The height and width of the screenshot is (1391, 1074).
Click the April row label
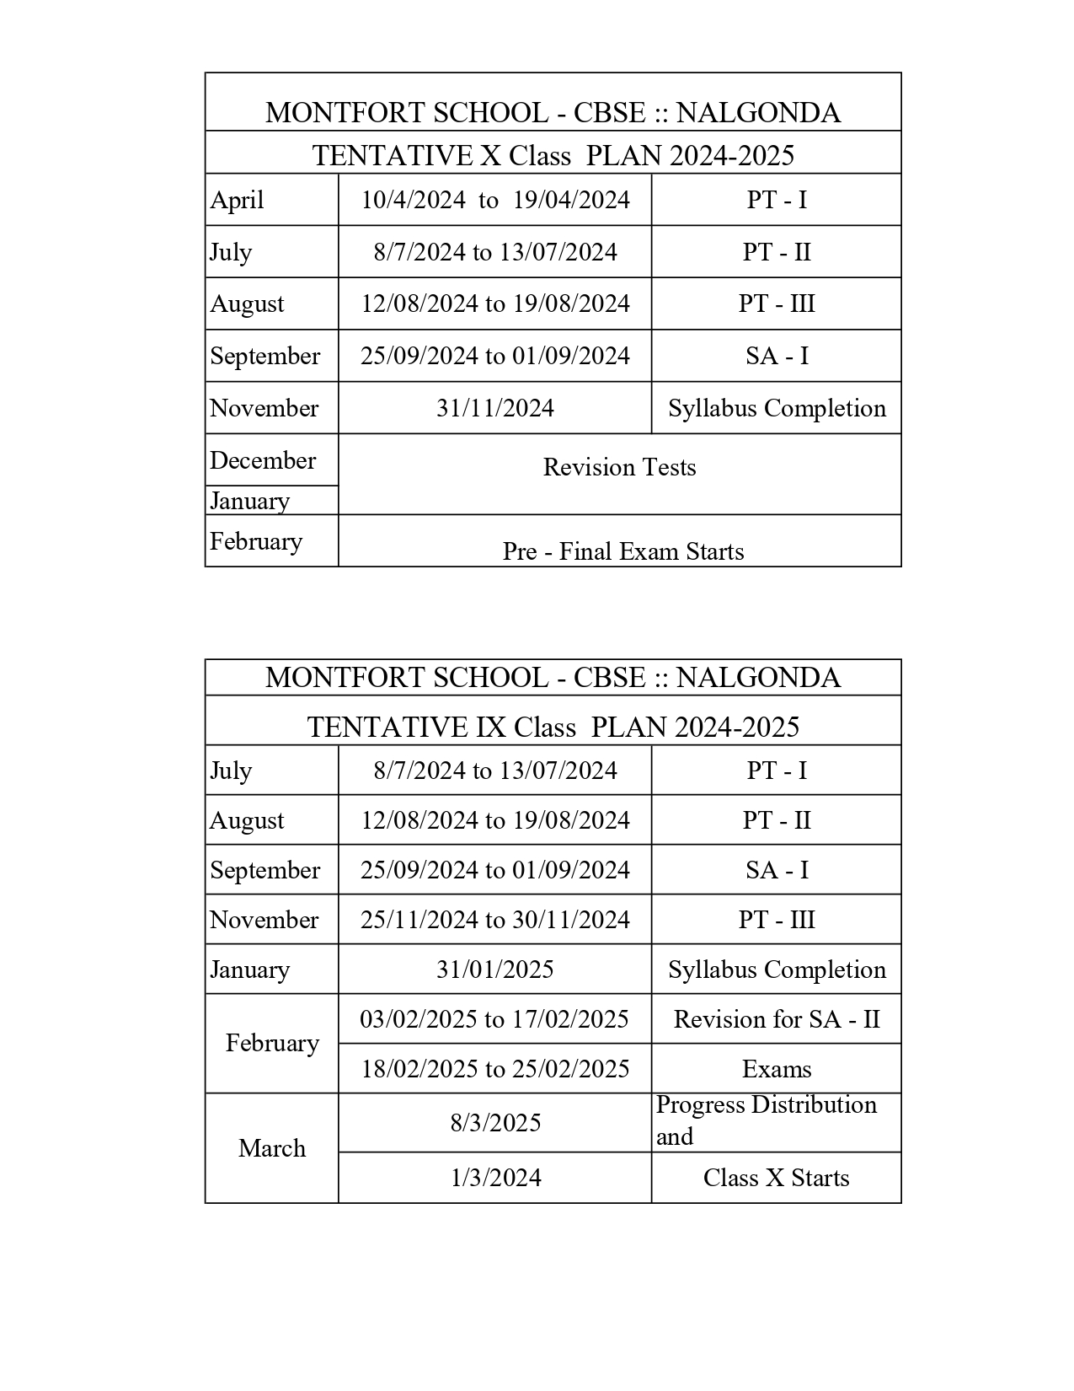point(238,201)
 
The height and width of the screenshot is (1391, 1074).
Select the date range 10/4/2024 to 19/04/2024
point(495,200)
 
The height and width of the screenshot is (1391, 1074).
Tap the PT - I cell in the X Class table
point(777,200)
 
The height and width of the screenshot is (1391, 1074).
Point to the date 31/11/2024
point(495,408)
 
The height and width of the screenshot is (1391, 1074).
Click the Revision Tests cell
point(620,467)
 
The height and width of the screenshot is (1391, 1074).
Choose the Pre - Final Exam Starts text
point(623,551)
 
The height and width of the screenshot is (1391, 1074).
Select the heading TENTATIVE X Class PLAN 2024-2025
point(553,155)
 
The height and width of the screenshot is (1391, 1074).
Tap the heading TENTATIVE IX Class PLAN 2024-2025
point(553,727)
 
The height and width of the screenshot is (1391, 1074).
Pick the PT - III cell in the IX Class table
point(777,919)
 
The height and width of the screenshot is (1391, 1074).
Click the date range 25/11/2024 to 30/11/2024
point(495,919)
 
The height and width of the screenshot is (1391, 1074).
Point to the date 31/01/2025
point(495,969)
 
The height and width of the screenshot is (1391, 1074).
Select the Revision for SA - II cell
point(777,1019)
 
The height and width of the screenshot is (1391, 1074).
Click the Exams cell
point(777,1069)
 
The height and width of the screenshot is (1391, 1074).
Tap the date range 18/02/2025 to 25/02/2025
point(495,1069)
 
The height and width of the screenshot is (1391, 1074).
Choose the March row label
point(272,1148)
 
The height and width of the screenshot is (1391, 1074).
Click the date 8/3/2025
point(495,1123)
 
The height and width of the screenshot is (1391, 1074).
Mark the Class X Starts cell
point(777,1178)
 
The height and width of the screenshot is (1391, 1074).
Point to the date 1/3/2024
point(495,1178)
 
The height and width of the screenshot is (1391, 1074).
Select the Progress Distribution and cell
point(767,1120)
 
